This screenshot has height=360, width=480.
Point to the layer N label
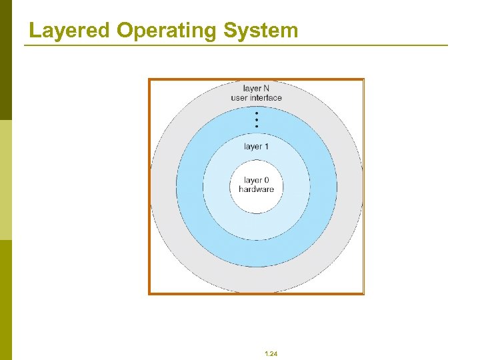256,89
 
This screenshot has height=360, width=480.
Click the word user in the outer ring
239,98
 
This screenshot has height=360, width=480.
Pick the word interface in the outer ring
266,98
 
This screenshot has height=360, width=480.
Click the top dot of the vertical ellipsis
257,113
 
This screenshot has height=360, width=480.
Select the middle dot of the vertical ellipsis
257,120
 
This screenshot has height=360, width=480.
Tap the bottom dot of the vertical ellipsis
257,127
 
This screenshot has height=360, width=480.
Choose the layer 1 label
256,147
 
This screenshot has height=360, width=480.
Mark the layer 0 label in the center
256,180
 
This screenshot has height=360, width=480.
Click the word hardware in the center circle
256,189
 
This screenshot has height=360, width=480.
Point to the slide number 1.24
271,354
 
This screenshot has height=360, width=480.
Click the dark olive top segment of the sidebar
5,60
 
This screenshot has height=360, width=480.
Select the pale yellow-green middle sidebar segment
5,180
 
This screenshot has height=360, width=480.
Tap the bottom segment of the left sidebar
5,300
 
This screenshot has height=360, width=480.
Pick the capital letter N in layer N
265,89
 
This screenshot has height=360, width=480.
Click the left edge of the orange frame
149,187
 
